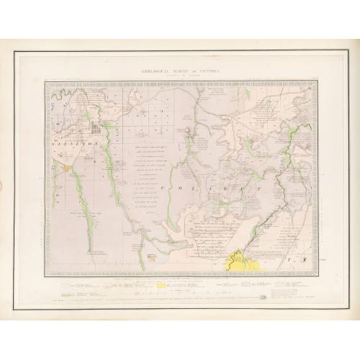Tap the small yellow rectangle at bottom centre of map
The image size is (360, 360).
pos(152,255)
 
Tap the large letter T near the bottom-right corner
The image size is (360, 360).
pos(285,257)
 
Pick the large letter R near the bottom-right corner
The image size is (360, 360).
pos(304,257)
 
